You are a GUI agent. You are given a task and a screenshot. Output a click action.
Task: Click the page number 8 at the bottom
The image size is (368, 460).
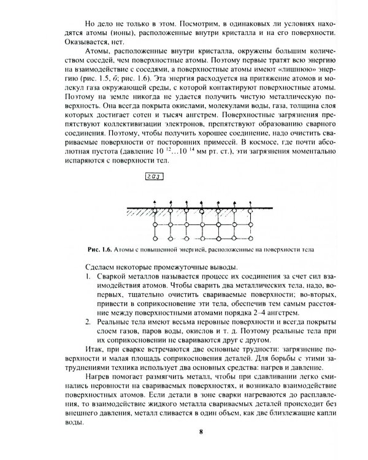(201, 433)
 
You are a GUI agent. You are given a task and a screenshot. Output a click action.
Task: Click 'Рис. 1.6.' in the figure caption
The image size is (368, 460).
(102, 250)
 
